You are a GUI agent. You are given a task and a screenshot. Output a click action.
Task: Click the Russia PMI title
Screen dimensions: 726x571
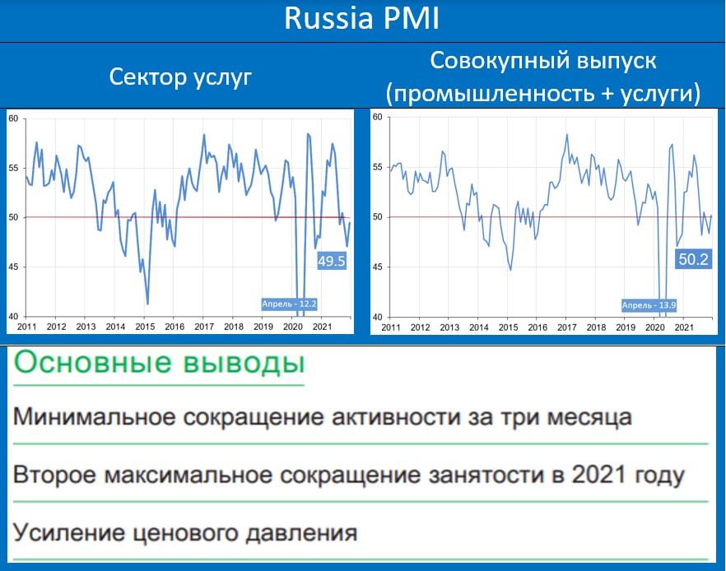(361, 18)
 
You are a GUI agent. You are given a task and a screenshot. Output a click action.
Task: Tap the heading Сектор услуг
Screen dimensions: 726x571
(180, 77)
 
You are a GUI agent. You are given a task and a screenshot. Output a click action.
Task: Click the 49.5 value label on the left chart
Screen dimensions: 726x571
(332, 262)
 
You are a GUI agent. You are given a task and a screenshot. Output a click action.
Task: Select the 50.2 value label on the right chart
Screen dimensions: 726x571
(694, 259)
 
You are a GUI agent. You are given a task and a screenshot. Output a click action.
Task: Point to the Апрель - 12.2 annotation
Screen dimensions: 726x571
(289, 304)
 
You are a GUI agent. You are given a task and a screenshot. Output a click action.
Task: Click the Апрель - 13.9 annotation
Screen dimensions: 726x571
(649, 305)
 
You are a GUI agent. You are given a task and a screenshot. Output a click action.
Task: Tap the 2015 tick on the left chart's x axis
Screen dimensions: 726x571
(145, 327)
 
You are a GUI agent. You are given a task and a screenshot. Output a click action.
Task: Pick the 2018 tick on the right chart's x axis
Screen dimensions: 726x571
(596, 327)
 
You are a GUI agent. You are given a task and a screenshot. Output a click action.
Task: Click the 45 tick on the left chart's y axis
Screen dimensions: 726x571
(13, 267)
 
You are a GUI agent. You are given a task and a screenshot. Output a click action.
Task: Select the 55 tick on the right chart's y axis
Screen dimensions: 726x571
(378, 167)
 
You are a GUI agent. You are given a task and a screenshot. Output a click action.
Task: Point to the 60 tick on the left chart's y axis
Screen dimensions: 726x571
(13, 118)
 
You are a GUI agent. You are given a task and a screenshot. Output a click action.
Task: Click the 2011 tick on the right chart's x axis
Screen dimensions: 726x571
(391, 327)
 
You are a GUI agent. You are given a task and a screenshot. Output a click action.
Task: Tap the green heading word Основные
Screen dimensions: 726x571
(92, 362)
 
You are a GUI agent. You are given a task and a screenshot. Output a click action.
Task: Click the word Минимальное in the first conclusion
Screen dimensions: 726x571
(95, 416)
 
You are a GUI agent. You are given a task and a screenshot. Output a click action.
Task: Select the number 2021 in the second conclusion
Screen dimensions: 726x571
(597, 474)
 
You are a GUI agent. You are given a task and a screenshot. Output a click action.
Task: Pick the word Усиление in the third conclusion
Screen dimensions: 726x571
(69, 532)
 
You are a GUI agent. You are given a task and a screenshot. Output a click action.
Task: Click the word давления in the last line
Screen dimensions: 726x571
(301, 533)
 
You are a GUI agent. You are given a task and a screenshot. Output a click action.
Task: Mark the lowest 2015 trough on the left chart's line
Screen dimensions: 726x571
(147, 304)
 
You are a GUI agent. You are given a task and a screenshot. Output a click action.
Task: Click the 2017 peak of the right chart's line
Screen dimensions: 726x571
(566, 135)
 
